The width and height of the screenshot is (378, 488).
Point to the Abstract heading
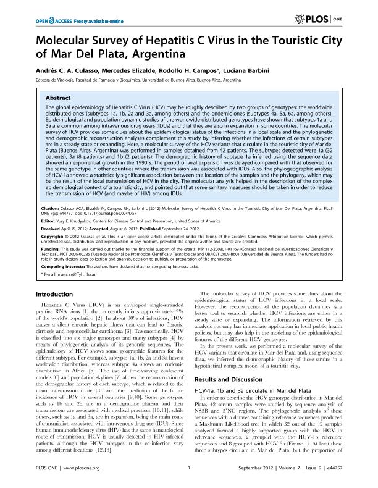[59, 98]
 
